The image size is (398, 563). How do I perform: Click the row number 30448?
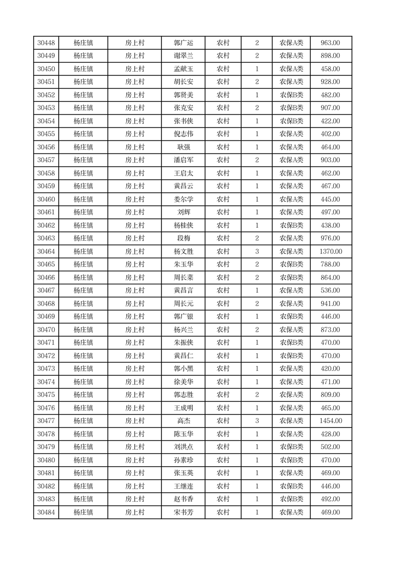click(46, 43)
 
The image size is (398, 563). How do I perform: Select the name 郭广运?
click(183, 43)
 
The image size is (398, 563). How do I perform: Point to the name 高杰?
click(183, 421)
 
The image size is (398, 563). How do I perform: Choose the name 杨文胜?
click(183, 251)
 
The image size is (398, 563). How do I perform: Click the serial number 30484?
click(46, 512)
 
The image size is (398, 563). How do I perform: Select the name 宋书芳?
click(183, 512)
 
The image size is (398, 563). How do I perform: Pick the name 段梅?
click(183, 238)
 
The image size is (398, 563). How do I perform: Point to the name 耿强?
click(183, 147)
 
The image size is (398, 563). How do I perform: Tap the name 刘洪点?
click(183, 447)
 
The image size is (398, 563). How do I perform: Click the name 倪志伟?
click(183, 134)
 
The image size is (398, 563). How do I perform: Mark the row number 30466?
click(46, 277)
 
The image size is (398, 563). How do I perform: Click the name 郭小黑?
click(183, 369)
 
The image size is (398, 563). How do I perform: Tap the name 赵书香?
click(183, 499)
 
